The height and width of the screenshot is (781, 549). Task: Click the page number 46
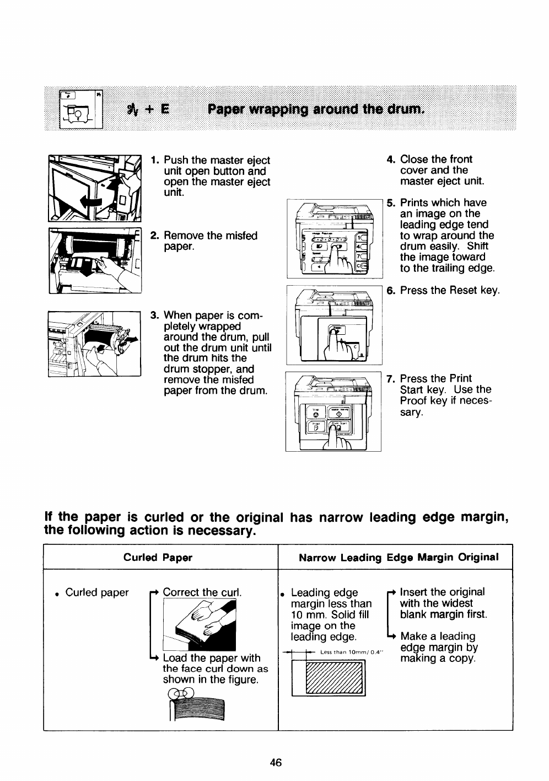coord(276,763)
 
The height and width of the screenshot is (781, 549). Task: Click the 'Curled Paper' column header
coord(158,558)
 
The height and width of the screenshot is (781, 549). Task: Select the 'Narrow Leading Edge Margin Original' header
coord(399,558)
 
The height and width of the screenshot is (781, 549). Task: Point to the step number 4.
coord(391,159)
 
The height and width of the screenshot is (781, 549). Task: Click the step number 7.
coord(391,378)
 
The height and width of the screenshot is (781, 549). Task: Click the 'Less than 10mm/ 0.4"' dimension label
coord(351,652)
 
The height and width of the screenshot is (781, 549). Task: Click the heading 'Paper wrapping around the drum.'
coord(316,109)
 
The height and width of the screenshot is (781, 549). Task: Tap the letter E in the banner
coord(164,109)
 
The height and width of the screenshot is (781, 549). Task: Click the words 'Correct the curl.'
coord(202,592)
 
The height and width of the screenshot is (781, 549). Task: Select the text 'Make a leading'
coord(438,636)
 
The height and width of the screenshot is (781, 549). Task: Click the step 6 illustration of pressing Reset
coord(334,325)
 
